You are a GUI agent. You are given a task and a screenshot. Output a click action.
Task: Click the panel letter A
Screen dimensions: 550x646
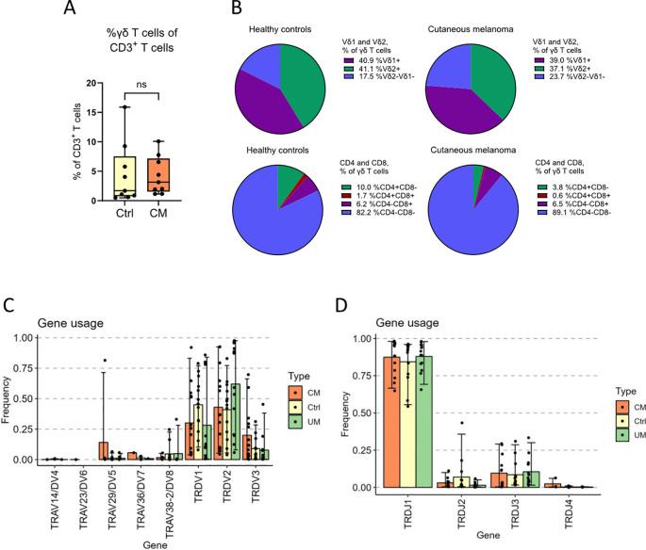click(x=68, y=10)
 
